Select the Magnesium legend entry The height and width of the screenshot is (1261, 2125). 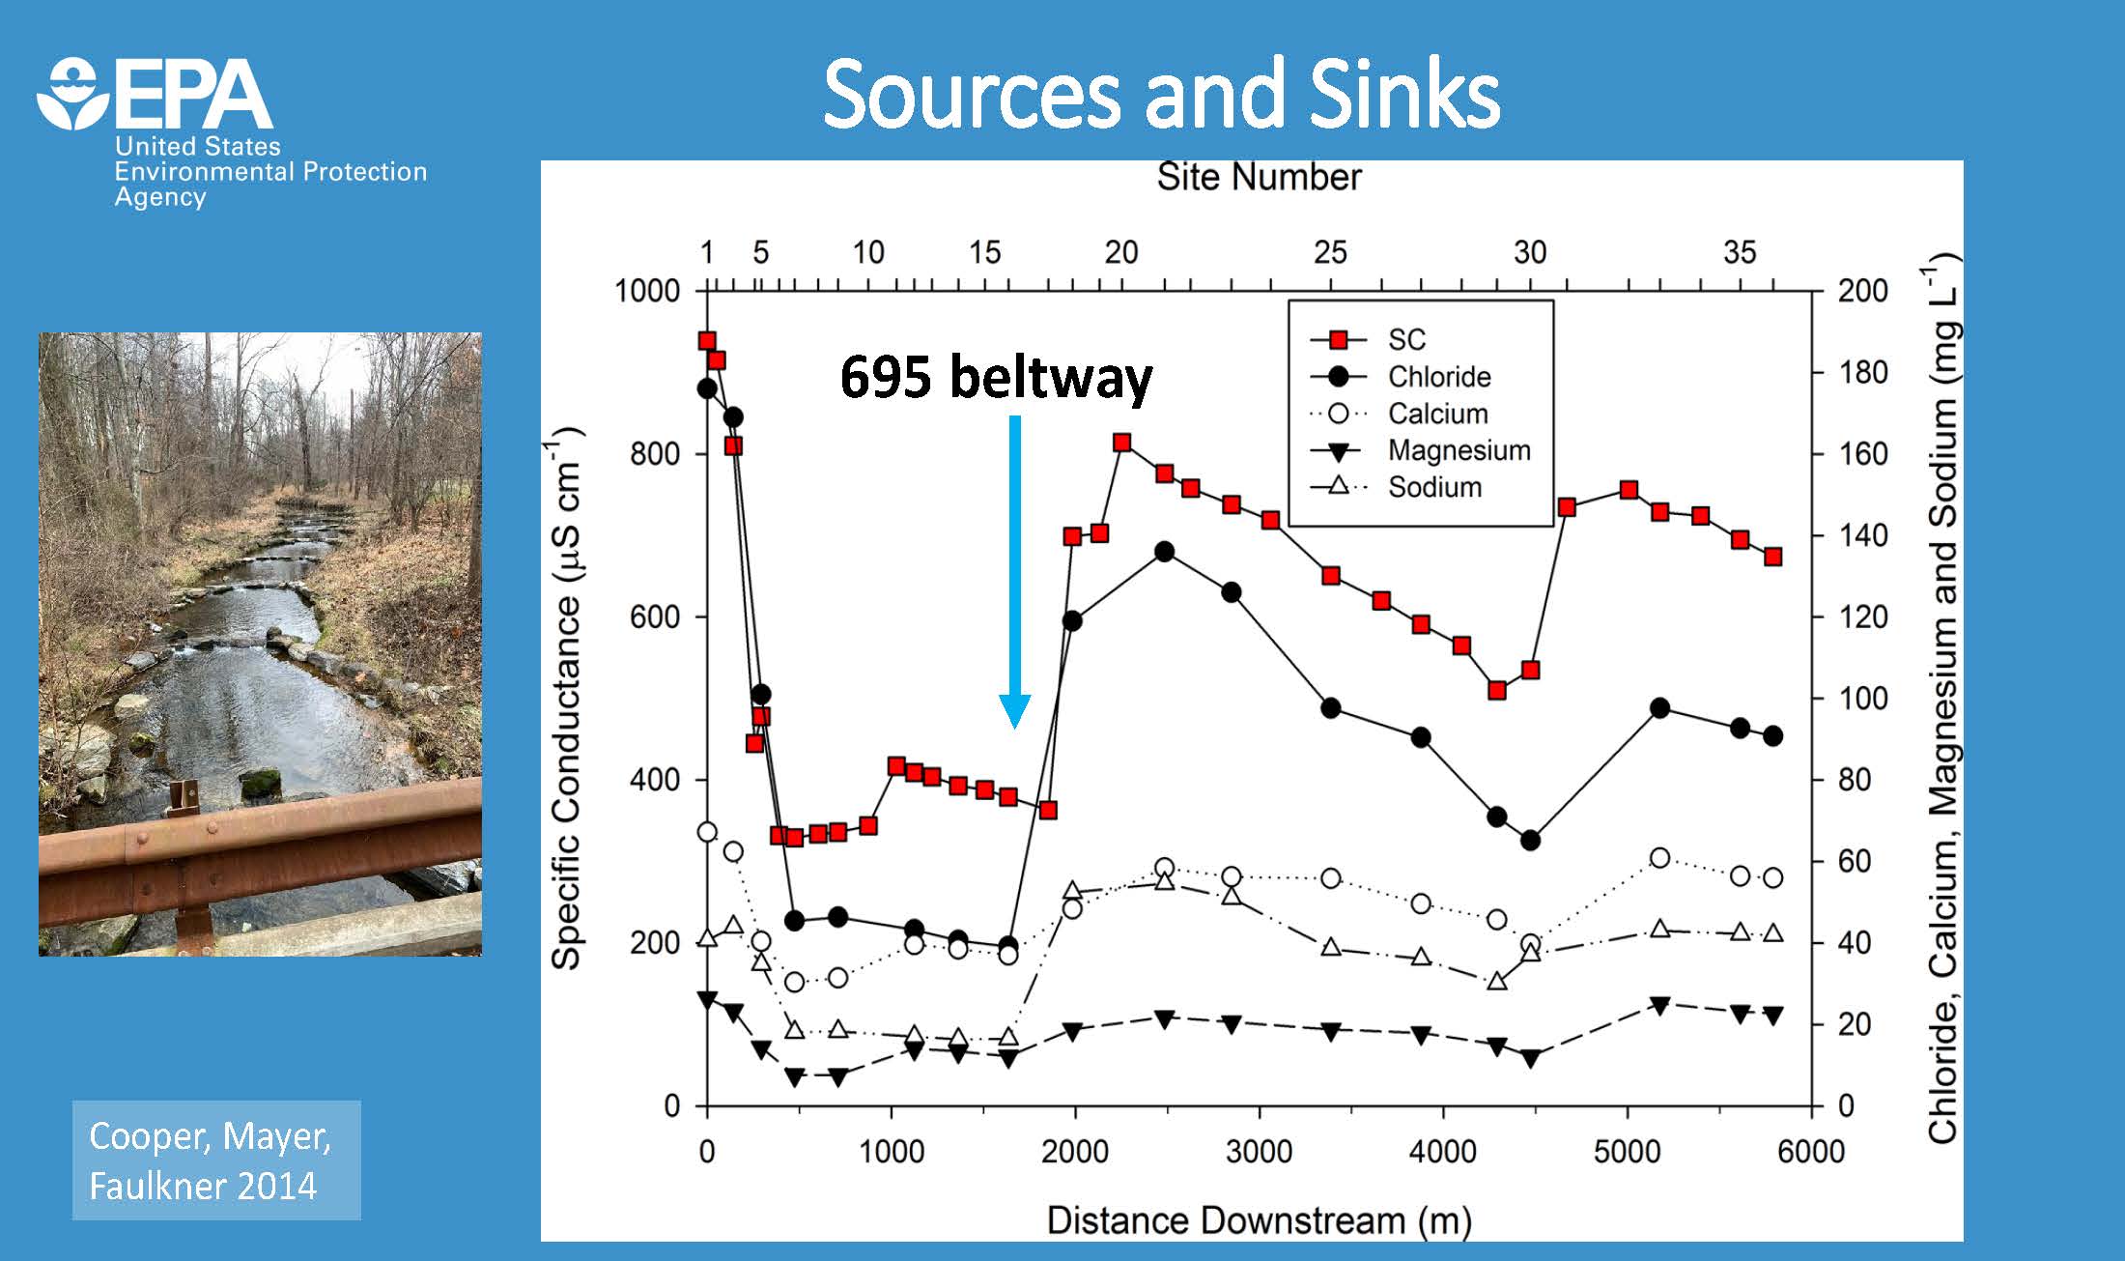[x=1459, y=450]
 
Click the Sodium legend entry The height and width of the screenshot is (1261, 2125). [x=1434, y=487]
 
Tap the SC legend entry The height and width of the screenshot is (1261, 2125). [x=1405, y=340]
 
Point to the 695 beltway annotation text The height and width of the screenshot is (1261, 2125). [x=996, y=377]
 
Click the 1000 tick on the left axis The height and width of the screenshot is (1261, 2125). [x=647, y=291]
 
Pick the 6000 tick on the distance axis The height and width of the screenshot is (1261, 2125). [x=1810, y=1152]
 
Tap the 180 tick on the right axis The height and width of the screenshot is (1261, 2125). [x=1861, y=372]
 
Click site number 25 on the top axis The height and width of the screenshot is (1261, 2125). [x=1330, y=253]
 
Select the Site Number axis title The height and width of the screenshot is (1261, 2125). [x=1259, y=177]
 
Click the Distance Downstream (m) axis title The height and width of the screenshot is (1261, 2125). [x=1259, y=1220]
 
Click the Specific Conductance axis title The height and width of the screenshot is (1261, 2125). [x=566, y=696]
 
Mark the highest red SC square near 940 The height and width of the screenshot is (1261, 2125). [x=707, y=341]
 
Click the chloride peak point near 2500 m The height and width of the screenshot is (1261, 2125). [x=1164, y=552]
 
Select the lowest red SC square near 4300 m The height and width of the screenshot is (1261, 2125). [x=1497, y=690]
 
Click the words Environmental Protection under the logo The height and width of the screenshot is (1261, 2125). [x=270, y=172]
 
